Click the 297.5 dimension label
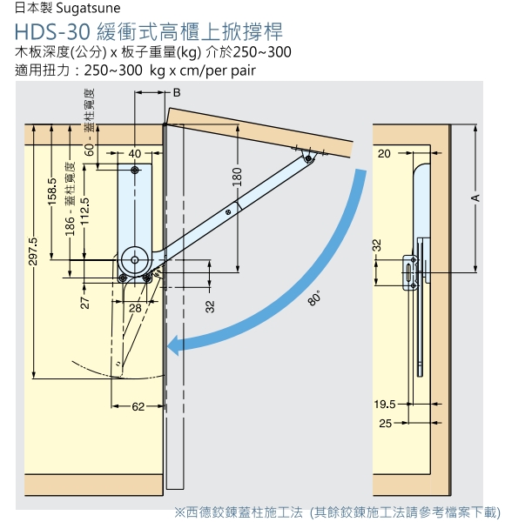[x=33, y=251]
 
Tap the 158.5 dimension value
[x=53, y=191]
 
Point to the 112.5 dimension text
[x=85, y=211]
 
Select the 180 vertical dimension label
[x=237, y=177]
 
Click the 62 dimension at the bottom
[x=138, y=406]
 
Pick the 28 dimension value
[x=135, y=308]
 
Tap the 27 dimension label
[x=85, y=302]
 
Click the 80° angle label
[x=314, y=298]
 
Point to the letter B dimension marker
[x=177, y=92]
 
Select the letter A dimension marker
[x=475, y=198]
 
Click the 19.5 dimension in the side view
[x=385, y=405]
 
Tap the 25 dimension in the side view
[x=385, y=423]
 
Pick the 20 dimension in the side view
[x=384, y=153]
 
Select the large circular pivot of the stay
[x=135, y=260]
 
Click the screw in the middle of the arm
[x=228, y=211]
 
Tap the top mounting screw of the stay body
[x=135, y=171]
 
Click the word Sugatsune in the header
[x=88, y=9]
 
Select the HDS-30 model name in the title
[x=52, y=31]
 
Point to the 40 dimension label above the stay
[x=135, y=153]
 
